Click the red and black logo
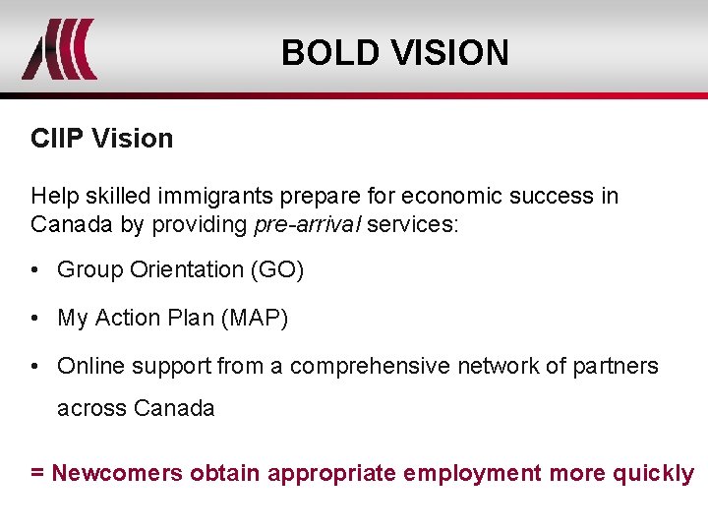coord(59,49)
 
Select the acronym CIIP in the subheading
coord(57,139)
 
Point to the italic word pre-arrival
coord(307,224)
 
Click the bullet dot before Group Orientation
coord(35,269)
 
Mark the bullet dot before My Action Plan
coord(35,318)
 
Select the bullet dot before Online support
coord(35,366)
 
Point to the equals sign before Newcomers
coord(36,473)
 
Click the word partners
coord(618,366)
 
